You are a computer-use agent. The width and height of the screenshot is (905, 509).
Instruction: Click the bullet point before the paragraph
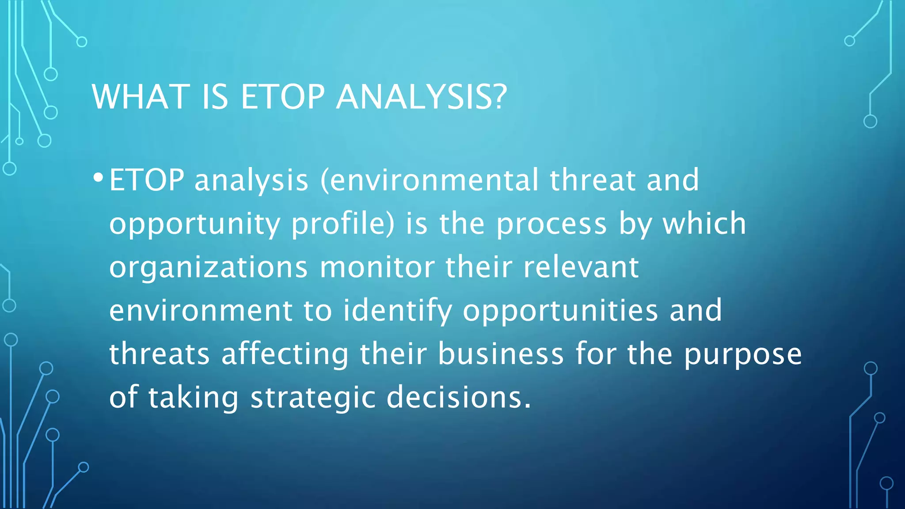tap(98, 178)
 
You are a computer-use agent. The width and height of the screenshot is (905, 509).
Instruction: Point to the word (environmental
tap(429, 180)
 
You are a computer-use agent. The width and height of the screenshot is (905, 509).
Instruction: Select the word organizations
tap(208, 268)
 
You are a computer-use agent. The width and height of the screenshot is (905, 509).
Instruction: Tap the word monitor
tap(377, 268)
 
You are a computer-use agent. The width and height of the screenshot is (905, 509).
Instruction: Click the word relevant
tap(581, 268)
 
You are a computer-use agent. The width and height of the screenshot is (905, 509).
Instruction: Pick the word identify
tap(397, 311)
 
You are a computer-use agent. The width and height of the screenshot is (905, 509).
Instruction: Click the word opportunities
tap(560, 311)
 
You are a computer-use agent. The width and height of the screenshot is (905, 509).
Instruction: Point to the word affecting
tap(285, 354)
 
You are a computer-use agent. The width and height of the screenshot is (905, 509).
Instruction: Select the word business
tap(501, 354)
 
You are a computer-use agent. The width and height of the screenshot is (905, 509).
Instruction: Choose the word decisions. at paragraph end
tap(458, 397)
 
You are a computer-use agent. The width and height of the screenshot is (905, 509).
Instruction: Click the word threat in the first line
tap(592, 180)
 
